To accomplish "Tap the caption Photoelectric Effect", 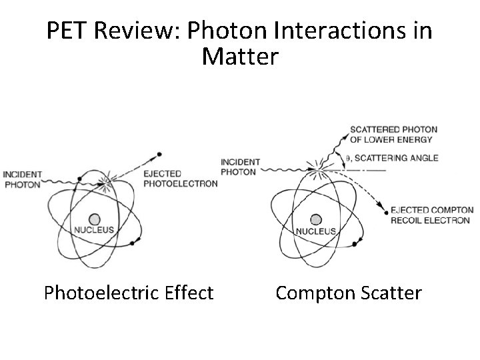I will [x=129, y=293].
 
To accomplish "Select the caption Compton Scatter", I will [x=349, y=293].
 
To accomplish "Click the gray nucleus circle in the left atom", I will [x=95, y=219].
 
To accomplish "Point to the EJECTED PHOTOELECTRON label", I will [x=180, y=179].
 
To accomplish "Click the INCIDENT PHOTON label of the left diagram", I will [x=22, y=179].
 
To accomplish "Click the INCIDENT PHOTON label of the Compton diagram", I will [x=240, y=167].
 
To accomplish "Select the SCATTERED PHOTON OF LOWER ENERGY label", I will [x=391, y=135].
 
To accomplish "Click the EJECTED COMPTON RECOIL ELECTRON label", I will [x=431, y=215].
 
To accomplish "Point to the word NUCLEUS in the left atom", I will [x=95, y=230].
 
